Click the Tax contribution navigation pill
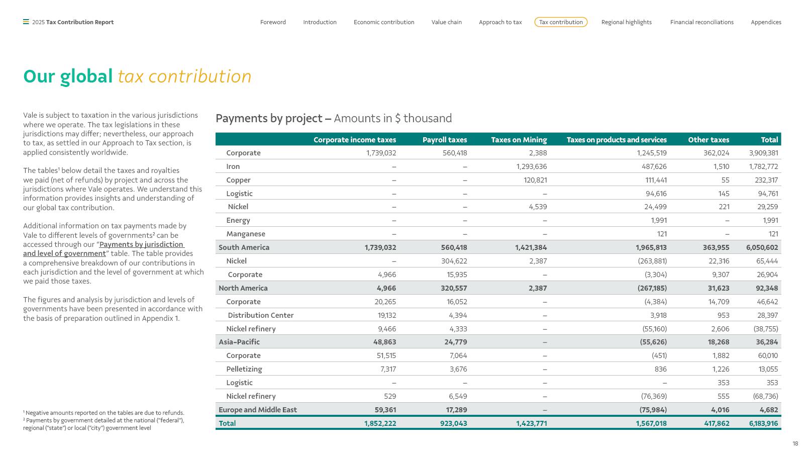click(x=561, y=22)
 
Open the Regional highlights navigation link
click(x=627, y=22)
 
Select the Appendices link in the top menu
click(x=766, y=22)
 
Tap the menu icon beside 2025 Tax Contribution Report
click(x=26, y=22)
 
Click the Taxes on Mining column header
click(x=519, y=139)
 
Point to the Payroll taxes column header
click(x=445, y=139)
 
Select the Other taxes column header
click(x=709, y=139)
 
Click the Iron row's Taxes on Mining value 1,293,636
click(x=532, y=166)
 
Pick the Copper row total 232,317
click(x=766, y=180)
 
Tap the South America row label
click(x=244, y=247)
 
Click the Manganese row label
click(x=245, y=234)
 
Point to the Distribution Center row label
click(x=261, y=315)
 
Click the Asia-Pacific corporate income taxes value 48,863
click(x=384, y=342)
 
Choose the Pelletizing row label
click(x=244, y=369)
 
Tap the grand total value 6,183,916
click(x=763, y=423)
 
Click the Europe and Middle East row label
click(x=258, y=410)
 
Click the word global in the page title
click(x=86, y=76)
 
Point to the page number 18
click(x=795, y=443)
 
